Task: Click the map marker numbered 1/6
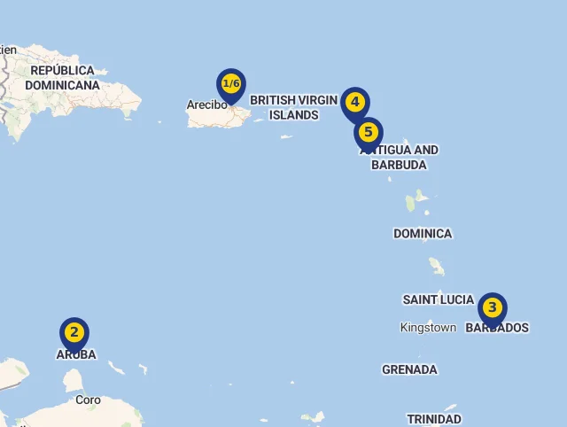tap(231, 85)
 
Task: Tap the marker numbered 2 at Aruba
tap(74, 334)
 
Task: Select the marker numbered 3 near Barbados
tap(493, 309)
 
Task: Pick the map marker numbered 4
tap(355, 103)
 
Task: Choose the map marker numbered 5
tap(369, 134)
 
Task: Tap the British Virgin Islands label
tap(294, 107)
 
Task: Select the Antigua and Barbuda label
tap(400, 157)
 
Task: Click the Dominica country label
tap(423, 234)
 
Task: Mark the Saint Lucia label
tap(438, 299)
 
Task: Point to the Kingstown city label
tap(428, 328)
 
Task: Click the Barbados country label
tap(497, 328)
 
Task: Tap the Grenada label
tap(409, 369)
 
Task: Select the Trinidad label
tap(434, 419)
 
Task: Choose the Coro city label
tap(88, 400)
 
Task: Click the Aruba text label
tap(76, 354)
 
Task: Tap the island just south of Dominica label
tap(437, 266)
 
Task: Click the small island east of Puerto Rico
tap(286, 136)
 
